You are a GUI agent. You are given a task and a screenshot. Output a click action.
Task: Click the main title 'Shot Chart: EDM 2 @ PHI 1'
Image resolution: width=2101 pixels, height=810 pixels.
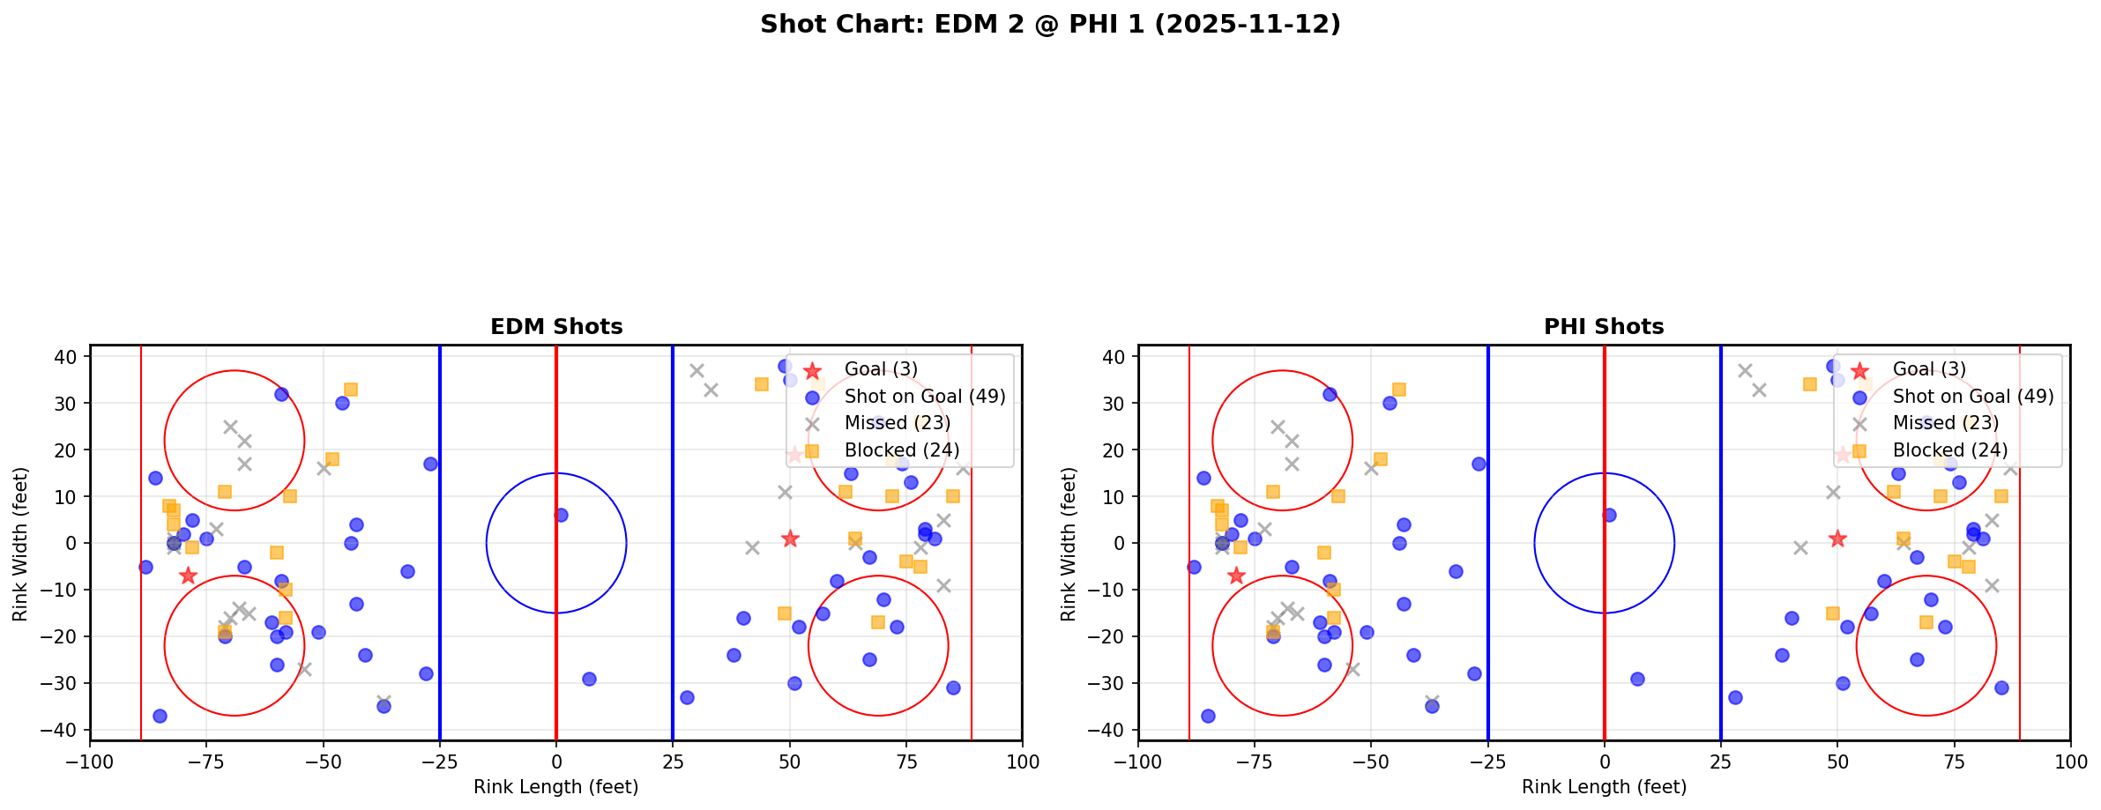(1050, 25)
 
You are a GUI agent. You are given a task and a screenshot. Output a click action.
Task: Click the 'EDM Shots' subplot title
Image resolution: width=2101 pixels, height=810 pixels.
(556, 327)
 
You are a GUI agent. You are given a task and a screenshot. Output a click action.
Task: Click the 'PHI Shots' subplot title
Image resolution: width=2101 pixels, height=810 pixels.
(1604, 327)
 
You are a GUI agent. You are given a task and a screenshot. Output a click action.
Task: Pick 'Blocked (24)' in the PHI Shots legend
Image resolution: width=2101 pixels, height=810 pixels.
(1949, 450)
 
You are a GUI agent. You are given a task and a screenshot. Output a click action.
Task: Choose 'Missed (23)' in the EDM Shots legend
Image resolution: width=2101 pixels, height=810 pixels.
(897, 423)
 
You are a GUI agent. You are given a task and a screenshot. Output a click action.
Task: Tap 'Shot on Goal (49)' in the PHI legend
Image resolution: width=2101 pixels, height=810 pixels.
(1972, 397)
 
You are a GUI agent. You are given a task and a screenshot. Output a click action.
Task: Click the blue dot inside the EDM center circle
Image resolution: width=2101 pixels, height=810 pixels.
(561, 515)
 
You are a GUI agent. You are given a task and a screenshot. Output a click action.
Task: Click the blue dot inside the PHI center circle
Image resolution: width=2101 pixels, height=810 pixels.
(1609, 515)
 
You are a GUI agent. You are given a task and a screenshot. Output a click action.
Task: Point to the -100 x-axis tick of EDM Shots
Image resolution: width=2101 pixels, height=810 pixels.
(90, 762)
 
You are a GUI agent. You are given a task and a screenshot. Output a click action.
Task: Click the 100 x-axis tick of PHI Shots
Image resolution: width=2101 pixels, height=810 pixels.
(2070, 762)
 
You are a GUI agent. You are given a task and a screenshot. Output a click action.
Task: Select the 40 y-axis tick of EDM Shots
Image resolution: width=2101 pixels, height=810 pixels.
(70, 356)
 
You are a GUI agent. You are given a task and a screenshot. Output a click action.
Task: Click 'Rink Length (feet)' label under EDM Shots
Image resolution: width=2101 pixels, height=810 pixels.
(556, 787)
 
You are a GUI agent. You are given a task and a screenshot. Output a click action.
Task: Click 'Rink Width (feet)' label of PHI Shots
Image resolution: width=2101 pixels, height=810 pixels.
(1069, 544)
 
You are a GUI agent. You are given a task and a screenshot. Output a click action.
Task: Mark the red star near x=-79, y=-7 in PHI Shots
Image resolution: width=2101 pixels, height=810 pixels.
(1236, 576)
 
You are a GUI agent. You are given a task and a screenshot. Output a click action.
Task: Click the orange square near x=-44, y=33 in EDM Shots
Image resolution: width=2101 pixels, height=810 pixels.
(351, 389)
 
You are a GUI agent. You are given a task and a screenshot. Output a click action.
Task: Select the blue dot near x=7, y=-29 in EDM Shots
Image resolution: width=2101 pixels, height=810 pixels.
(589, 679)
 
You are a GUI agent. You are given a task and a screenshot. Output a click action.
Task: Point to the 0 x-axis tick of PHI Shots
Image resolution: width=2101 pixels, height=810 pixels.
(1605, 762)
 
